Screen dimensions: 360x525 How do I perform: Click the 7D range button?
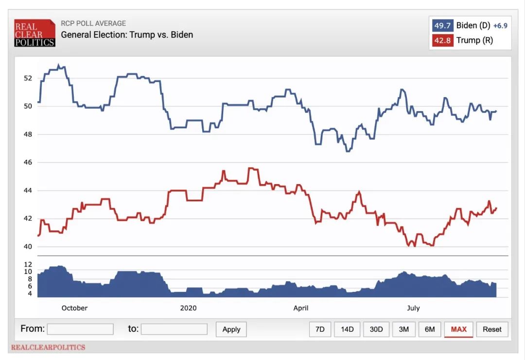[320, 329]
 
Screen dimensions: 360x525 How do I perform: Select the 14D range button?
[347, 329]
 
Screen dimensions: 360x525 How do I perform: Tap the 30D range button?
[376, 329]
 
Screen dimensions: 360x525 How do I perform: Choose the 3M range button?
[404, 329]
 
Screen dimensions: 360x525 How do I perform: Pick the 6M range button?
[430, 329]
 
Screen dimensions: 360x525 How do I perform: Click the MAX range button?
[458, 329]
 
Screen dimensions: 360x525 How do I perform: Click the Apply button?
[231, 329]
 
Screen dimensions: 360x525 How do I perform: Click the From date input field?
[80, 329]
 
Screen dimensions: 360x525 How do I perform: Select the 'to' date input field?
[174, 329]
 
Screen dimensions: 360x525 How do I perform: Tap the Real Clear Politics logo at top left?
[35, 33]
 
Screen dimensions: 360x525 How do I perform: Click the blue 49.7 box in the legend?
[442, 26]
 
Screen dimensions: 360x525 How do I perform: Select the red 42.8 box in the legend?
[442, 40]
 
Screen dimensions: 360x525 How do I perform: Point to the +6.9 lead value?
[500, 26]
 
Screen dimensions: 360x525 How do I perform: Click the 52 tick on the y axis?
[28, 78]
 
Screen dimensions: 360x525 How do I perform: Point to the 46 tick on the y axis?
[28, 162]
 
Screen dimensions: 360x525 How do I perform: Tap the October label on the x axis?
[75, 308]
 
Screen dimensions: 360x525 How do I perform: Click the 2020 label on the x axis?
[188, 308]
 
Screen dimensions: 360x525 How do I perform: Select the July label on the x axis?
[413, 308]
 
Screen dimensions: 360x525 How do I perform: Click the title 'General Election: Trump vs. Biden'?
[127, 35]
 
